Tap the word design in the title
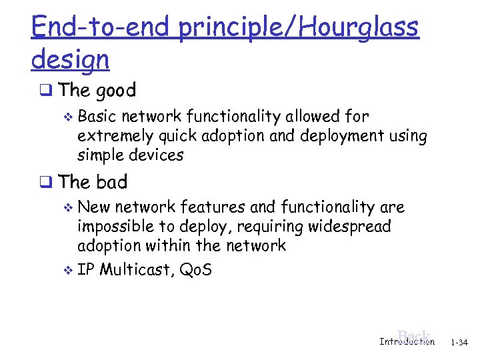70,59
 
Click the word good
117,91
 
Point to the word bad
111,182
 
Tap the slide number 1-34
459,343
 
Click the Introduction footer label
406,342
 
